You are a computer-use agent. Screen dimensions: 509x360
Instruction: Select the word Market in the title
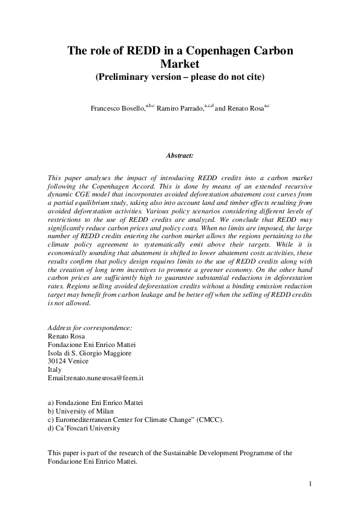pyautogui.click(x=180, y=64)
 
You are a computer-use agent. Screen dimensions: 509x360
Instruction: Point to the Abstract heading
pyautogui.click(x=180, y=155)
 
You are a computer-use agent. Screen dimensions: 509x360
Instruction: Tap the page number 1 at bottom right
pyautogui.click(x=309, y=484)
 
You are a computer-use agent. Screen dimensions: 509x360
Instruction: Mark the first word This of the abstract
pyautogui.click(x=53, y=177)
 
